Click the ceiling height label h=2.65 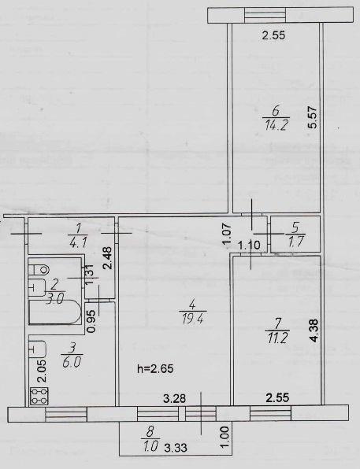coord(155,368)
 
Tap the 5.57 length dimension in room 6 coord(313,118)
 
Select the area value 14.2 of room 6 coord(276,125)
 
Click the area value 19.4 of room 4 coord(193,319)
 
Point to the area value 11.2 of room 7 coord(276,338)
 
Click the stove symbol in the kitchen coord(39,396)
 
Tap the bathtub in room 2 coord(54,313)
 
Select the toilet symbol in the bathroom coord(39,269)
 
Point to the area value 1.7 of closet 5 coord(294,241)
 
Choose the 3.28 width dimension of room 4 coord(174,398)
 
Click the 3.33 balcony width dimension coord(176,448)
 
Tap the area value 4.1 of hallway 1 coord(79,242)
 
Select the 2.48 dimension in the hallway coord(108,257)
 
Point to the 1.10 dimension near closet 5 coord(249,246)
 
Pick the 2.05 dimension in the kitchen coord(43,371)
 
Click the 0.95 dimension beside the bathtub coord(92,321)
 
